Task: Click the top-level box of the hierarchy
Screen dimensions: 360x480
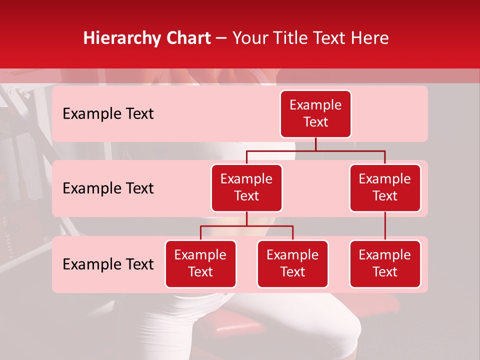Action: tap(315, 113)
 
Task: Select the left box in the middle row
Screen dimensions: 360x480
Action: tap(246, 187)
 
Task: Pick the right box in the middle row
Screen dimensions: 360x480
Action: tap(385, 187)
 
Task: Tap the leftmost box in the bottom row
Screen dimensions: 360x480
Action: tap(200, 263)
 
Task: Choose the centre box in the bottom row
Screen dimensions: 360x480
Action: tap(292, 263)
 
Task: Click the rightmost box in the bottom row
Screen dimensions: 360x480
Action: tap(385, 263)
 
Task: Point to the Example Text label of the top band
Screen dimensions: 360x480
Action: tap(108, 113)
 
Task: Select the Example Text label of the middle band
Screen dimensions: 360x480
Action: tap(108, 188)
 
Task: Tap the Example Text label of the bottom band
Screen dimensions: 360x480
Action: tap(108, 264)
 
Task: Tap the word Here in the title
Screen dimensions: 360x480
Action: tap(370, 38)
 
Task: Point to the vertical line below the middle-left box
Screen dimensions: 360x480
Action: tap(246, 218)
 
